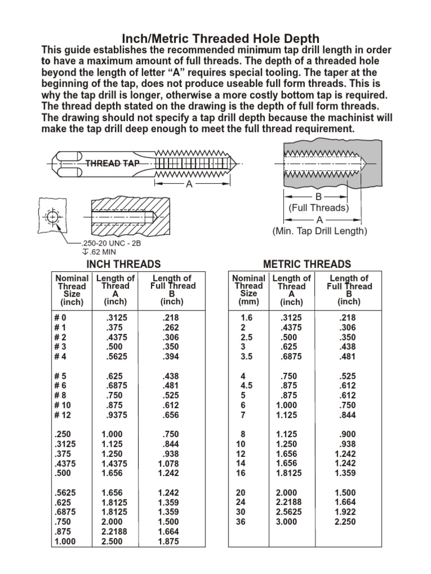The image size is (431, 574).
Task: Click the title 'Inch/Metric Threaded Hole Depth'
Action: pyautogui.click(x=215, y=39)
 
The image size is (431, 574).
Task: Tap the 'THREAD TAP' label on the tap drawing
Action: pyautogui.click(x=111, y=163)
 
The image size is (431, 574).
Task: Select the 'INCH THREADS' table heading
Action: pyautogui.click(x=123, y=264)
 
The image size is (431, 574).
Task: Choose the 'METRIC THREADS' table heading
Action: pyautogui.click(x=307, y=264)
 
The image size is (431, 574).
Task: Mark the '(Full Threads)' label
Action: pyautogui.click(x=319, y=207)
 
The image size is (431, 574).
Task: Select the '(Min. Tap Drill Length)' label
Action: pyautogui.click(x=319, y=231)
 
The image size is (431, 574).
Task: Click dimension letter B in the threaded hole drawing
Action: pyautogui.click(x=318, y=197)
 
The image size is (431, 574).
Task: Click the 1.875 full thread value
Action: pyautogui.click(x=169, y=541)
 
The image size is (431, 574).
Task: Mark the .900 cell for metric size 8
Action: pyautogui.click(x=348, y=433)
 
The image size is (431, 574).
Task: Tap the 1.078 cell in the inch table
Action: pyautogui.click(x=169, y=464)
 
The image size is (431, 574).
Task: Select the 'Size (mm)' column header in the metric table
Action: pyautogui.click(x=248, y=298)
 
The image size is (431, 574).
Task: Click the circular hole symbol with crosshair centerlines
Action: pyautogui.click(x=52, y=217)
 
